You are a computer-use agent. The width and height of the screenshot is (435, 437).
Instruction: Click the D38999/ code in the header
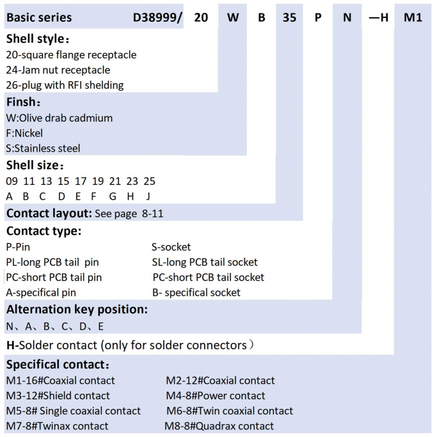tap(157, 17)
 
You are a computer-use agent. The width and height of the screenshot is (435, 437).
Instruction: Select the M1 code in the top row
tap(413, 17)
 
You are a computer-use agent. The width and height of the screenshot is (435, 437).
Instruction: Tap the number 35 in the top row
tap(289, 17)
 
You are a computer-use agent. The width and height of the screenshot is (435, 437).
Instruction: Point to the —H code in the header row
tap(379, 17)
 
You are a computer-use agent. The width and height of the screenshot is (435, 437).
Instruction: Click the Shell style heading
tap(38, 39)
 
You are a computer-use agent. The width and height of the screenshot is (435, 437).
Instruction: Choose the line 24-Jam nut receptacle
tap(58, 70)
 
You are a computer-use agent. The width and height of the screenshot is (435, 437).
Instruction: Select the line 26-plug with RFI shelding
tap(65, 85)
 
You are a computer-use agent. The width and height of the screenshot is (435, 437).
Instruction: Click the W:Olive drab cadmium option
tap(59, 118)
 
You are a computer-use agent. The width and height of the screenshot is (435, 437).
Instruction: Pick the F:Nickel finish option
tap(24, 133)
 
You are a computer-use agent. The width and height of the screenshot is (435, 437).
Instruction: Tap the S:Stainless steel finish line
tap(43, 148)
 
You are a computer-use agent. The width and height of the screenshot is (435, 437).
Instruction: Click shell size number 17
tap(81, 181)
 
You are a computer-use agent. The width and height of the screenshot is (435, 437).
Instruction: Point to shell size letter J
tap(148, 196)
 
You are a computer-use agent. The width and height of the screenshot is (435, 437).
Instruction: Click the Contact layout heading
tap(49, 214)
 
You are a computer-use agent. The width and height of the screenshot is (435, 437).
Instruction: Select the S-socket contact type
tap(171, 247)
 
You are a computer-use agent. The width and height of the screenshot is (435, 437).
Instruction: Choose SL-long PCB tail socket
tap(205, 262)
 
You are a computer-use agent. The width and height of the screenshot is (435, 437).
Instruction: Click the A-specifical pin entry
tap(41, 292)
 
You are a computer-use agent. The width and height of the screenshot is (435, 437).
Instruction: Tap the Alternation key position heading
tap(77, 310)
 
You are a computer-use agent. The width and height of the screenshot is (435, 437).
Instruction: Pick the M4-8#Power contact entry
tap(216, 396)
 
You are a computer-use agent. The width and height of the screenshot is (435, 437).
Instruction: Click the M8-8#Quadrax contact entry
tap(219, 426)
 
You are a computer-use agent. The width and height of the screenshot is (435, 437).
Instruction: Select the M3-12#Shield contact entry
tap(58, 396)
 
